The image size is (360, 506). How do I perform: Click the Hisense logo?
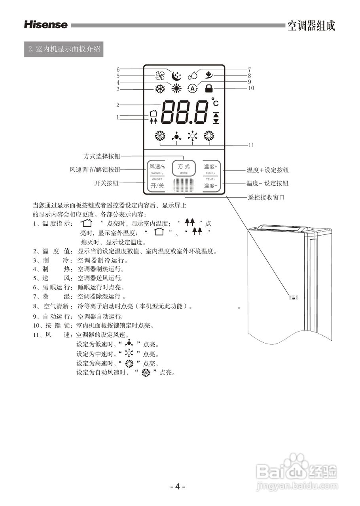tap(46, 25)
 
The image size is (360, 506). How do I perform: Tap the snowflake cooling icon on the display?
tap(160, 89)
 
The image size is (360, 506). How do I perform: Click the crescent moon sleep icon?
tap(176, 75)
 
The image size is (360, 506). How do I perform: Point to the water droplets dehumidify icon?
tap(193, 75)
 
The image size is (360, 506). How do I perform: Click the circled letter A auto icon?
tap(192, 89)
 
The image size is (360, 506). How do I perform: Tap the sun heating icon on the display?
tap(176, 89)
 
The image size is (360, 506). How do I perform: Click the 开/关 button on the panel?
tap(157, 185)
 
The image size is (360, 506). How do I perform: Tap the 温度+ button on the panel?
tap(210, 167)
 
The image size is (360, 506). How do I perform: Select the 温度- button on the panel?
tap(210, 185)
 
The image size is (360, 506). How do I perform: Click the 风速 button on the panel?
tap(157, 166)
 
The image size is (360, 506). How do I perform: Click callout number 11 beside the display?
tap(251, 145)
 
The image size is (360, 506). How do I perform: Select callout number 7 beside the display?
tap(249, 70)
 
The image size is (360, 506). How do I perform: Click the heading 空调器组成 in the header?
tap(311, 26)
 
